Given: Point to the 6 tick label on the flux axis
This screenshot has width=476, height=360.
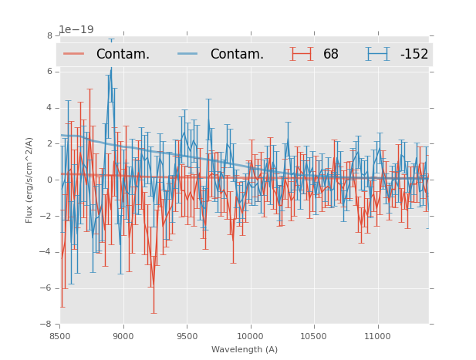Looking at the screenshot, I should coord(49,72).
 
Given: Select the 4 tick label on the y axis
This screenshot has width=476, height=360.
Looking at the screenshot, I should coord(49,108).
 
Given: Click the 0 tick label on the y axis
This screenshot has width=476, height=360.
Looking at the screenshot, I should coord(49,180).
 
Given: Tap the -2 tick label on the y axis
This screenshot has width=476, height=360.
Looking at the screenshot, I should coord(48,217).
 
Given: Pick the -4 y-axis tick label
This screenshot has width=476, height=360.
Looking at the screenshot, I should coord(48,252).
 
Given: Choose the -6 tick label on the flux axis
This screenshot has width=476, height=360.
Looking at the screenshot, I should coord(48,288).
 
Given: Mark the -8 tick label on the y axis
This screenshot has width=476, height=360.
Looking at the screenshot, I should coord(48,325).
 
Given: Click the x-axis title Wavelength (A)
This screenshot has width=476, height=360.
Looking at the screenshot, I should coord(245,349).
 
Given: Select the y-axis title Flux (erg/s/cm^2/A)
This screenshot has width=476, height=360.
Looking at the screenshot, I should coord(29,180).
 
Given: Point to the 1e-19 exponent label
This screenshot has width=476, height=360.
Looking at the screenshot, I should coord(76,30).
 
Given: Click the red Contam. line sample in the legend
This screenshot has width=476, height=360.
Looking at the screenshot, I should coord(74,54).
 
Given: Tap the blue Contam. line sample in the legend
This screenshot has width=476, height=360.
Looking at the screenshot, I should coord(188,54).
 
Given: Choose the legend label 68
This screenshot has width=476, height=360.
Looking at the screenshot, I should coord(331,54).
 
